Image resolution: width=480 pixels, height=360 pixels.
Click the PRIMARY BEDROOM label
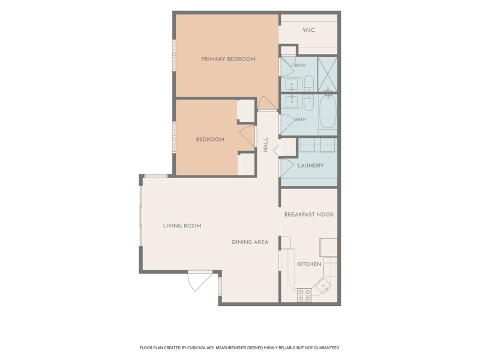click(228, 59)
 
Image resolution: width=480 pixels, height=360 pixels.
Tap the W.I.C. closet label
click(309, 30)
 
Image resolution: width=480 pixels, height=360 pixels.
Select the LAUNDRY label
click(310, 166)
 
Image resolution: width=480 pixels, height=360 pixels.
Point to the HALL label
click(265, 145)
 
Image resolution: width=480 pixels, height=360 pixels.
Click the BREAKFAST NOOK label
click(309, 215)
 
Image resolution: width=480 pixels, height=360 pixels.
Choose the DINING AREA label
click(250, 242)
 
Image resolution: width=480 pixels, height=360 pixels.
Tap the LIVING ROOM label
click(182, 226)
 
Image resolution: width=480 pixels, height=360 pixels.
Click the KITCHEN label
click(309, 264)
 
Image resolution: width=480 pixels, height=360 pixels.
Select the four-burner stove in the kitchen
click(304, 295)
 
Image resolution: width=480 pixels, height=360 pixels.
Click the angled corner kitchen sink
click(323, 286)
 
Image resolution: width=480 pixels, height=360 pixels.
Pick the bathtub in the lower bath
click(328, 112)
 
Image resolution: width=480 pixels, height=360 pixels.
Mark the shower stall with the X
click(327, 74)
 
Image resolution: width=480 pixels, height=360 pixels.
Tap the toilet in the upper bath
click(309, 83)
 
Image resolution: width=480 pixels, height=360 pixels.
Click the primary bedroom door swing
click(267, 103)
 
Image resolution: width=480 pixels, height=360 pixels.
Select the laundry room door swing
click(287, 168)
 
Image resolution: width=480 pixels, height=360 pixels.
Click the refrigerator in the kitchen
click(328, 247)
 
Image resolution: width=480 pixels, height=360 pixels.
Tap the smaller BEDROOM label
click(210, 140)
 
